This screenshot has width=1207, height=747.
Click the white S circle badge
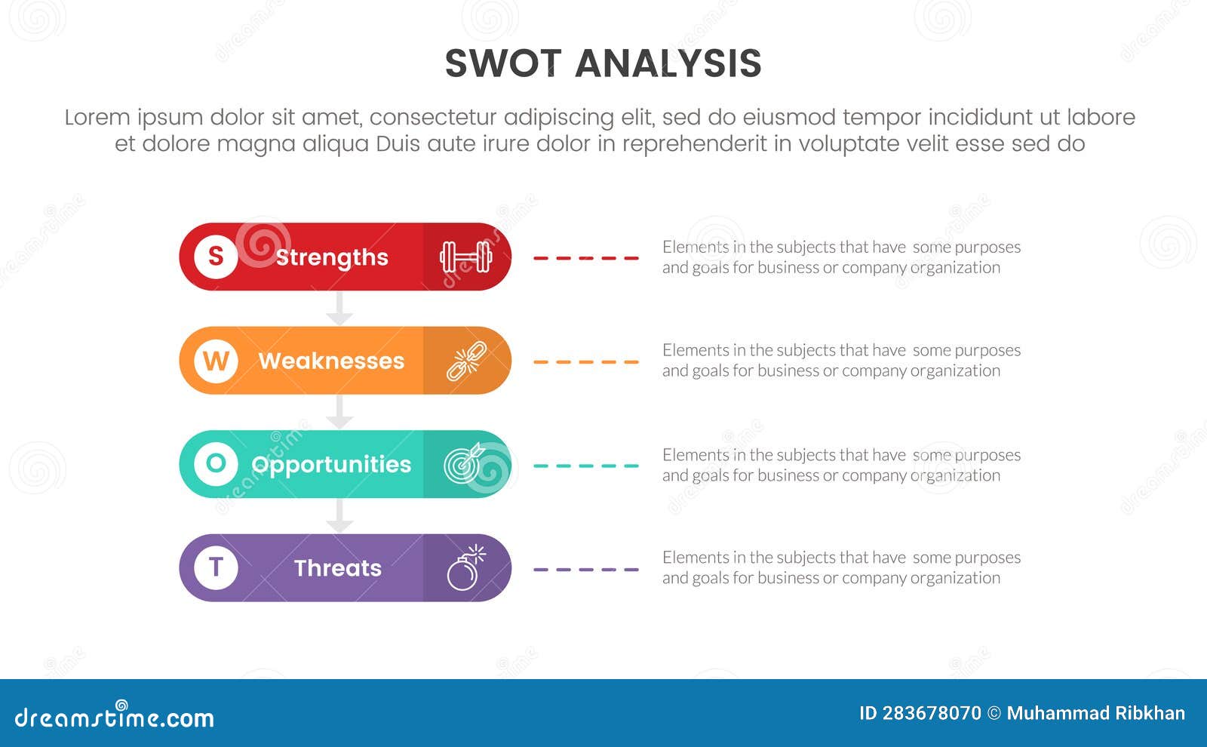coord(216,257)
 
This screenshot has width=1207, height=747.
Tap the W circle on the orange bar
coord(216,361)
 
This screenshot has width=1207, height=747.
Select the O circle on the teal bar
coord(216,463)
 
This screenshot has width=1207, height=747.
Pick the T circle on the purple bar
coord(216,567)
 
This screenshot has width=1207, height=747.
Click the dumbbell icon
coord(466,257)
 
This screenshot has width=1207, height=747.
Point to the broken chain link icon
coord(466,361)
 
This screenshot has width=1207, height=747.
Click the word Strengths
coord(332,257)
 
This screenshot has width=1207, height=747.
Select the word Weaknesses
coord(331,361)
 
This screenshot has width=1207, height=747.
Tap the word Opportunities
coord(331,465)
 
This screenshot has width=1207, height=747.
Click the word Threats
coord(337,568)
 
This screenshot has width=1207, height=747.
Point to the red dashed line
coord(586,258)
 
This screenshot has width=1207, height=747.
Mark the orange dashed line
coord(586,362)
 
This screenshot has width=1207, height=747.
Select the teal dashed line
coord(586,466)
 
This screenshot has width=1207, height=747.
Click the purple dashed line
coord(586,570)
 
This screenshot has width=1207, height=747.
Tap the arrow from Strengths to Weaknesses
coord(339,309)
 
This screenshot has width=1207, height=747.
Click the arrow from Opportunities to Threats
coord(339,516)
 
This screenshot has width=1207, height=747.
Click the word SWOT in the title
coord(503,63)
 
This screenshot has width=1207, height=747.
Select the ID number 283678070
coord(931,713)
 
